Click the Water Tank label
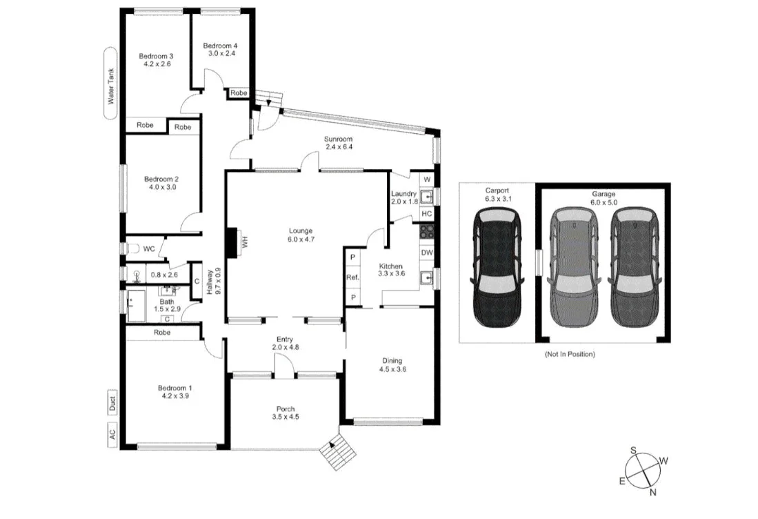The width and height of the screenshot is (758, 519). tap(110, 83)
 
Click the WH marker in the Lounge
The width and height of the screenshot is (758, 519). tap(243, 242)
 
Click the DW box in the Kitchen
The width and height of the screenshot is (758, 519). tap(427, 253)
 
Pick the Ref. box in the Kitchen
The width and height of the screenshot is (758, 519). tap(352, 277)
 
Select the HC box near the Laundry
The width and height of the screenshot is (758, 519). tap(427, 214)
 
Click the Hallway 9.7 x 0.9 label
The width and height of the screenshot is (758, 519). tap(215, 281)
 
